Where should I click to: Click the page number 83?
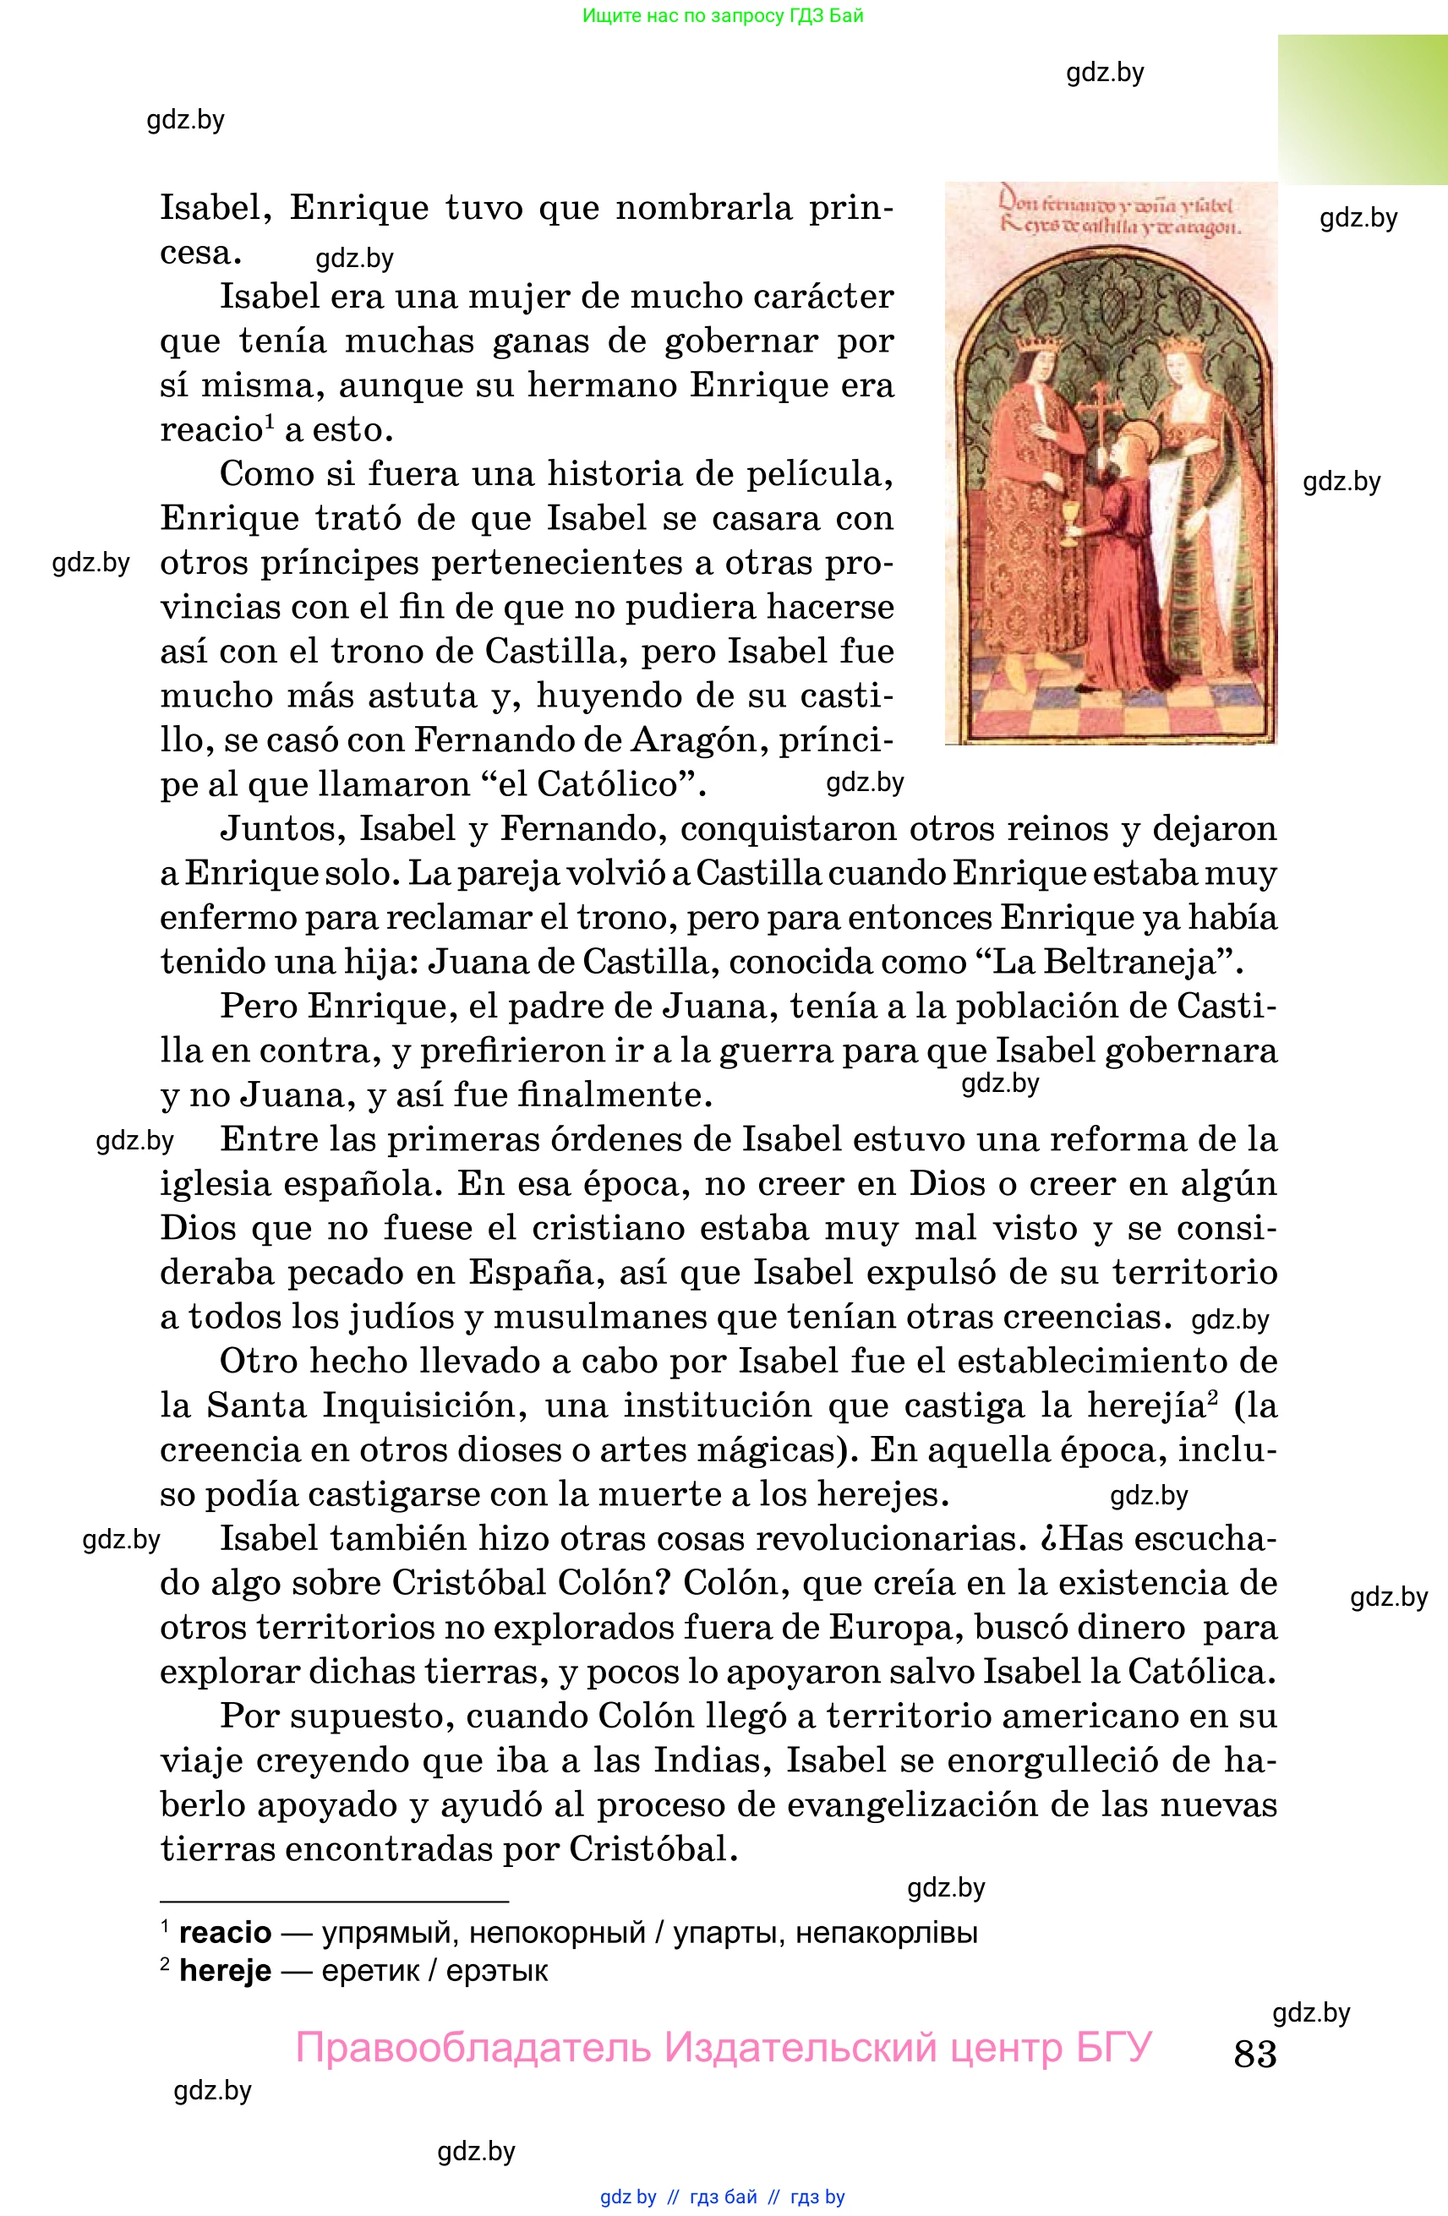pos(1254,2053)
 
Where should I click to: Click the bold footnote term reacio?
pos(224,1932)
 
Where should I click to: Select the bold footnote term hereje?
pos(224,1970)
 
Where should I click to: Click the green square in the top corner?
pos(1363,110)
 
